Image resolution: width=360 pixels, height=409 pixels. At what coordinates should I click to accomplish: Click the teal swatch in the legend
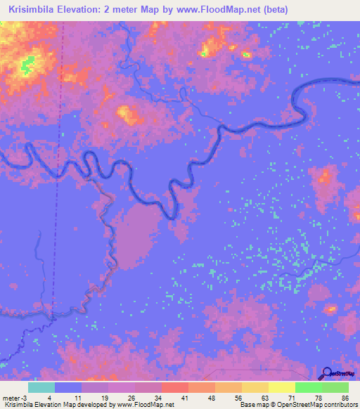click(41, 387)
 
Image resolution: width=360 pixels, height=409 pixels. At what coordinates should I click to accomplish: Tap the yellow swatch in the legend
click(282, 387)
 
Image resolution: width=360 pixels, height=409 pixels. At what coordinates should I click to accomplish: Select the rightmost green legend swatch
click(335, 387)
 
